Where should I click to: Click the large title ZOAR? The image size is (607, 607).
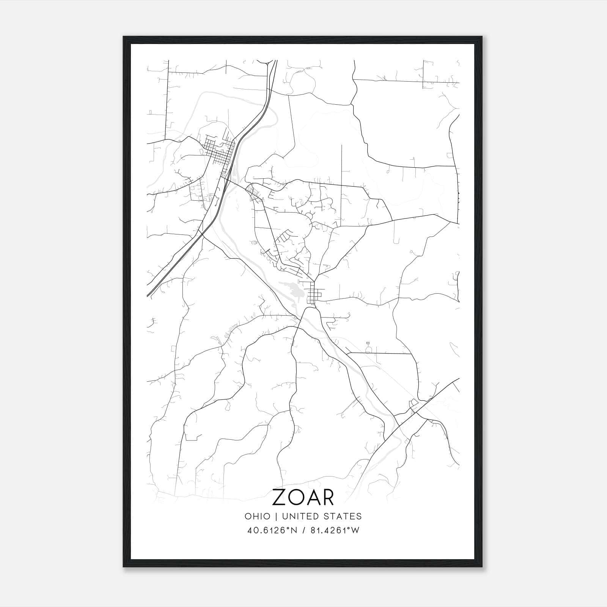tap(303, 498)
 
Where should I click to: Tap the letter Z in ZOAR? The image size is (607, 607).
tap(279, 498)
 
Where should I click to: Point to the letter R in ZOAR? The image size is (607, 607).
tap(328, 498)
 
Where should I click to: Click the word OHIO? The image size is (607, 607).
tap(257, 516)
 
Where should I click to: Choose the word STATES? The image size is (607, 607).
tap(345, 516)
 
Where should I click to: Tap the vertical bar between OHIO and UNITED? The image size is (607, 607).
tap(275, 516)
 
